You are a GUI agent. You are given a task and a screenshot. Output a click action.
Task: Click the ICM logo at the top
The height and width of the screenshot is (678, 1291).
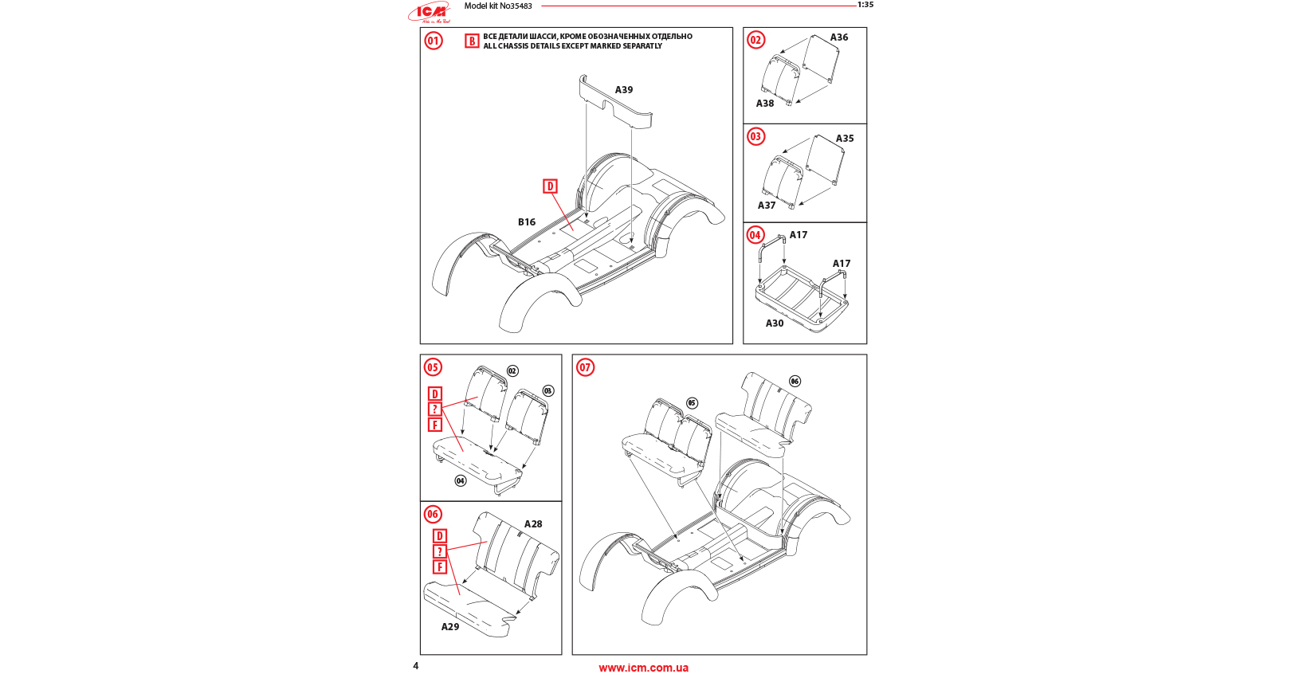(x=430, y=12)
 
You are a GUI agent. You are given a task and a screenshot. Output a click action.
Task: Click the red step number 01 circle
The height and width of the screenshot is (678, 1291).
(x=434, y=41)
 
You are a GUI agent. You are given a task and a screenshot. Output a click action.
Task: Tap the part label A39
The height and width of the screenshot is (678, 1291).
(x=624, y=90)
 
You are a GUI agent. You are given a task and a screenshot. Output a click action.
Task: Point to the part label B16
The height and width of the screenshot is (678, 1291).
(x=527, y=222)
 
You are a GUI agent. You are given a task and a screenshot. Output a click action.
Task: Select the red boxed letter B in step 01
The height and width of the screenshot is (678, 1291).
(x=472, y=41)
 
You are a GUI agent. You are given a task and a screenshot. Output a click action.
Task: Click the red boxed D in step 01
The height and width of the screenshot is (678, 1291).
(x=550, y=186)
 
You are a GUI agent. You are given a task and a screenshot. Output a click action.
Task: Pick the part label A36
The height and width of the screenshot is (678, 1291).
(x=839, y=37)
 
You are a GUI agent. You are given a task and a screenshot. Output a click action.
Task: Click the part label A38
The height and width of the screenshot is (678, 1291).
(x=765, y=104)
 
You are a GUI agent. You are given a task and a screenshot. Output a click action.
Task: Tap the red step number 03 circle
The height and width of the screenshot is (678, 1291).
(x=755, y=136)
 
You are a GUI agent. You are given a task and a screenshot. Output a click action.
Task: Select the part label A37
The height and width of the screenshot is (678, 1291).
(x=767, y=206)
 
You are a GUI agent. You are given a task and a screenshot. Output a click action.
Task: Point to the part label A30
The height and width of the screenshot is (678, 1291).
(x=775, y=323)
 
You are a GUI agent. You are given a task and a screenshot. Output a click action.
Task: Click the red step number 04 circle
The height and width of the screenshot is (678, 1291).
(x=755, y=235)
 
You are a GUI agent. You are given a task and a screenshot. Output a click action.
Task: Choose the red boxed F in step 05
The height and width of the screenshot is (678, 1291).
(x=435, y=425)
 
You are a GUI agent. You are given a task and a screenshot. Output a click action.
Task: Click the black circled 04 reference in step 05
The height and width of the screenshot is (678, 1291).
(x=461, y=480)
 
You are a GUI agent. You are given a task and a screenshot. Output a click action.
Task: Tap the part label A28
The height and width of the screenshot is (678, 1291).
(x=533, y=524)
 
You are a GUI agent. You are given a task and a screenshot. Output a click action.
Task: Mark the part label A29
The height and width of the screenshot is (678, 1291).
(x=450, y=627)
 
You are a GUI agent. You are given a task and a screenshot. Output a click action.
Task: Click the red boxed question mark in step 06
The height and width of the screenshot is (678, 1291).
(x=439, y=551)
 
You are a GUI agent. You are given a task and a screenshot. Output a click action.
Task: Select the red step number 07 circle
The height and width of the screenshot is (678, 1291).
(x=586, y=367)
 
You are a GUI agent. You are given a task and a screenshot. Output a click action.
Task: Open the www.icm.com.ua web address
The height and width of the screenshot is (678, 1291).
(x=644, y=668)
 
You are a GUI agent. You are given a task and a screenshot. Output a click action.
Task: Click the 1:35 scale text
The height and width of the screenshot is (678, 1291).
(x=865, y=5)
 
